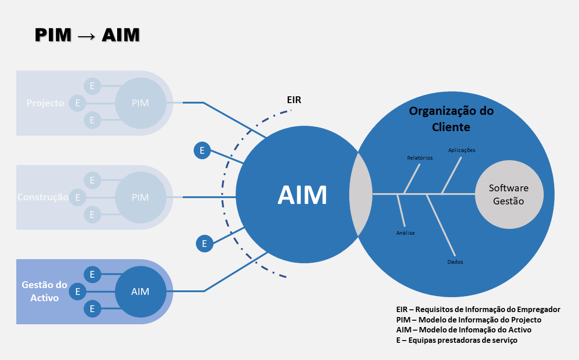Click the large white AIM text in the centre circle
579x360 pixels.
point(302,196)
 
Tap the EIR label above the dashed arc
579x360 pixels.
point(294,100)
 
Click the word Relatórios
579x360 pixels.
point(420,158)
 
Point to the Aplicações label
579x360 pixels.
point(461,150)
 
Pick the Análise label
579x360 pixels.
point(405,233)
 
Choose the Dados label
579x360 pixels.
point(455,262)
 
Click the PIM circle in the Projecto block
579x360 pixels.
point(140,103)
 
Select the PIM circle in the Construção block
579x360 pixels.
point(140,198)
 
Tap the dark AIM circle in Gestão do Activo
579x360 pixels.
point(140,292)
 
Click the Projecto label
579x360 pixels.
point(45,103)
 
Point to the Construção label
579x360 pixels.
point(43,198)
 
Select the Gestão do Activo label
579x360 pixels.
point(45,292)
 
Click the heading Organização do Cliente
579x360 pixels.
point(451,119)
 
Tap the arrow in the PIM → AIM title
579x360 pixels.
point(86,35)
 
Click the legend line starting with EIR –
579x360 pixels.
point(478,309)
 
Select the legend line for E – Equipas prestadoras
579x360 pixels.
point(456,340)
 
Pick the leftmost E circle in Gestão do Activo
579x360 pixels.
point(77,292)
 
